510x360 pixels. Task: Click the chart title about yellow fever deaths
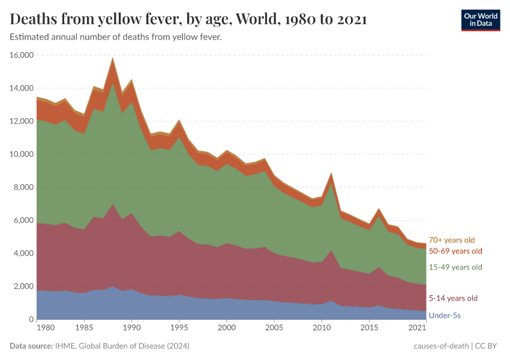pyautogui.click(x=188, y=20)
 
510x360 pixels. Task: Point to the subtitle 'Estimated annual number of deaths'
pyautogui.click(x=116, y=37)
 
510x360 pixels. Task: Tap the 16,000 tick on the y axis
pyautogui.click(x=22, y=55)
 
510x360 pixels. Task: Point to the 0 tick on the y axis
pyautogui.click(x=31, y=319)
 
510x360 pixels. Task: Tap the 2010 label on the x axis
pyautogui.click(x=322, y=328)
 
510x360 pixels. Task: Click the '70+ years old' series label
pyautogui.click(x=451, y=240)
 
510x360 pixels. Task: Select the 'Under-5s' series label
pyautogui.click(x=445, y=315)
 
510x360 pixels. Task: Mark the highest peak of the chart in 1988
pyautogui.click(x=113, y=58)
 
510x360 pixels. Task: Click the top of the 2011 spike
pyautogui.click(x=331, y=173)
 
